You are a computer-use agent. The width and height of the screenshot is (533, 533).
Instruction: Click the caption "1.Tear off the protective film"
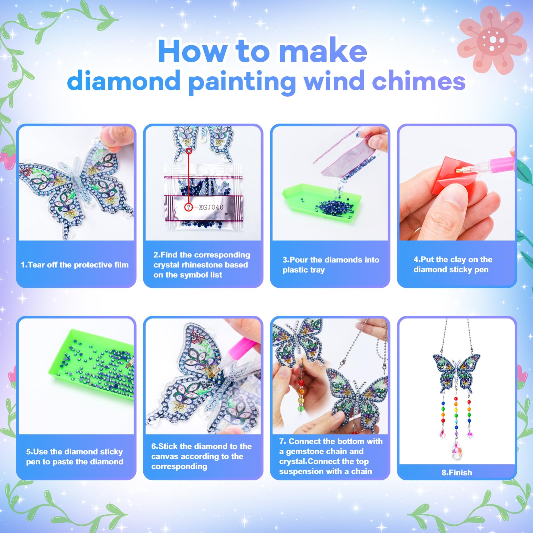[75, 265]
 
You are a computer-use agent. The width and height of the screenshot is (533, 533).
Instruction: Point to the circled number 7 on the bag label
[189, 207]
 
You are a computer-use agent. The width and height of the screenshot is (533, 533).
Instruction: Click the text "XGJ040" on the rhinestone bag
[211, 207]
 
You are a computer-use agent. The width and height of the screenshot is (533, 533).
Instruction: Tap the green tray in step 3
[321, 203]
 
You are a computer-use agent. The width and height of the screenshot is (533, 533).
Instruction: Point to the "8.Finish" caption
[457, 472]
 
